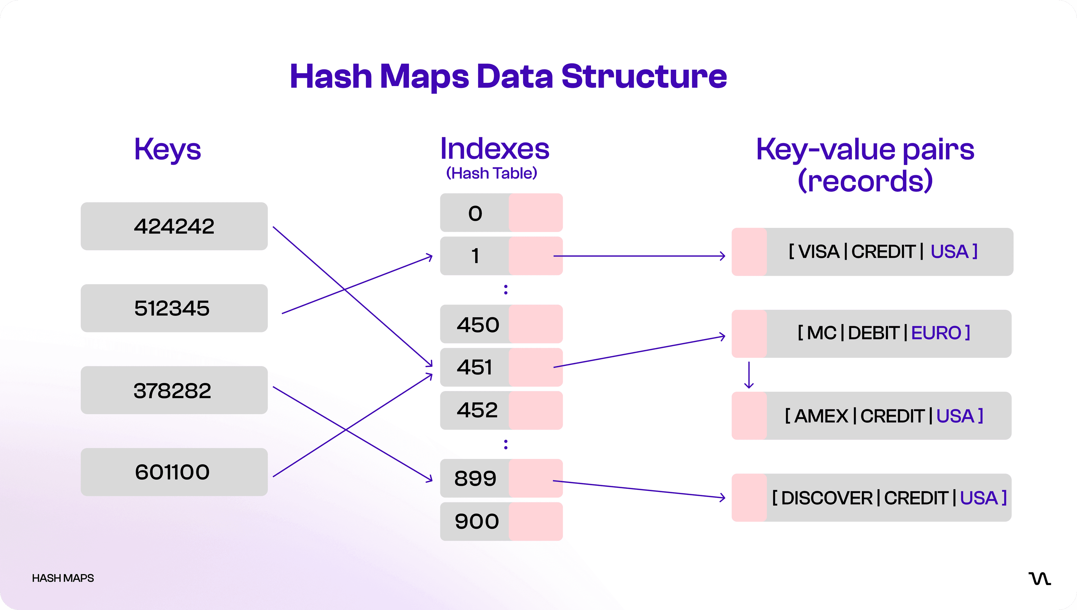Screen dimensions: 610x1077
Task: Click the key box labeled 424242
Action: (174, 226)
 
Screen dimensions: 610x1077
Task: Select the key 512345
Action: (174, 308)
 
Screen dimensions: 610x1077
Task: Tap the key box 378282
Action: (174, 391)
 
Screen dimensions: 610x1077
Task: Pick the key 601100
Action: (174, 472)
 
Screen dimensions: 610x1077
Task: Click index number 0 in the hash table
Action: (475, 213)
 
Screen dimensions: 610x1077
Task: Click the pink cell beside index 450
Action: (536, 324)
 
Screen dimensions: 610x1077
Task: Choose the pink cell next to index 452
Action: (536, 410)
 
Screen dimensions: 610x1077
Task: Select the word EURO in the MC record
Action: (936, 333)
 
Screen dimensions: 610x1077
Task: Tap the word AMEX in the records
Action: (821, 416)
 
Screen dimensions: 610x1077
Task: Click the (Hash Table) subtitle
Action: (491, 173)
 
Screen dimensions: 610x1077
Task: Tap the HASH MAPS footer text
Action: (63, 578)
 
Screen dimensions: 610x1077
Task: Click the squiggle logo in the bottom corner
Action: (1039, 579)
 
